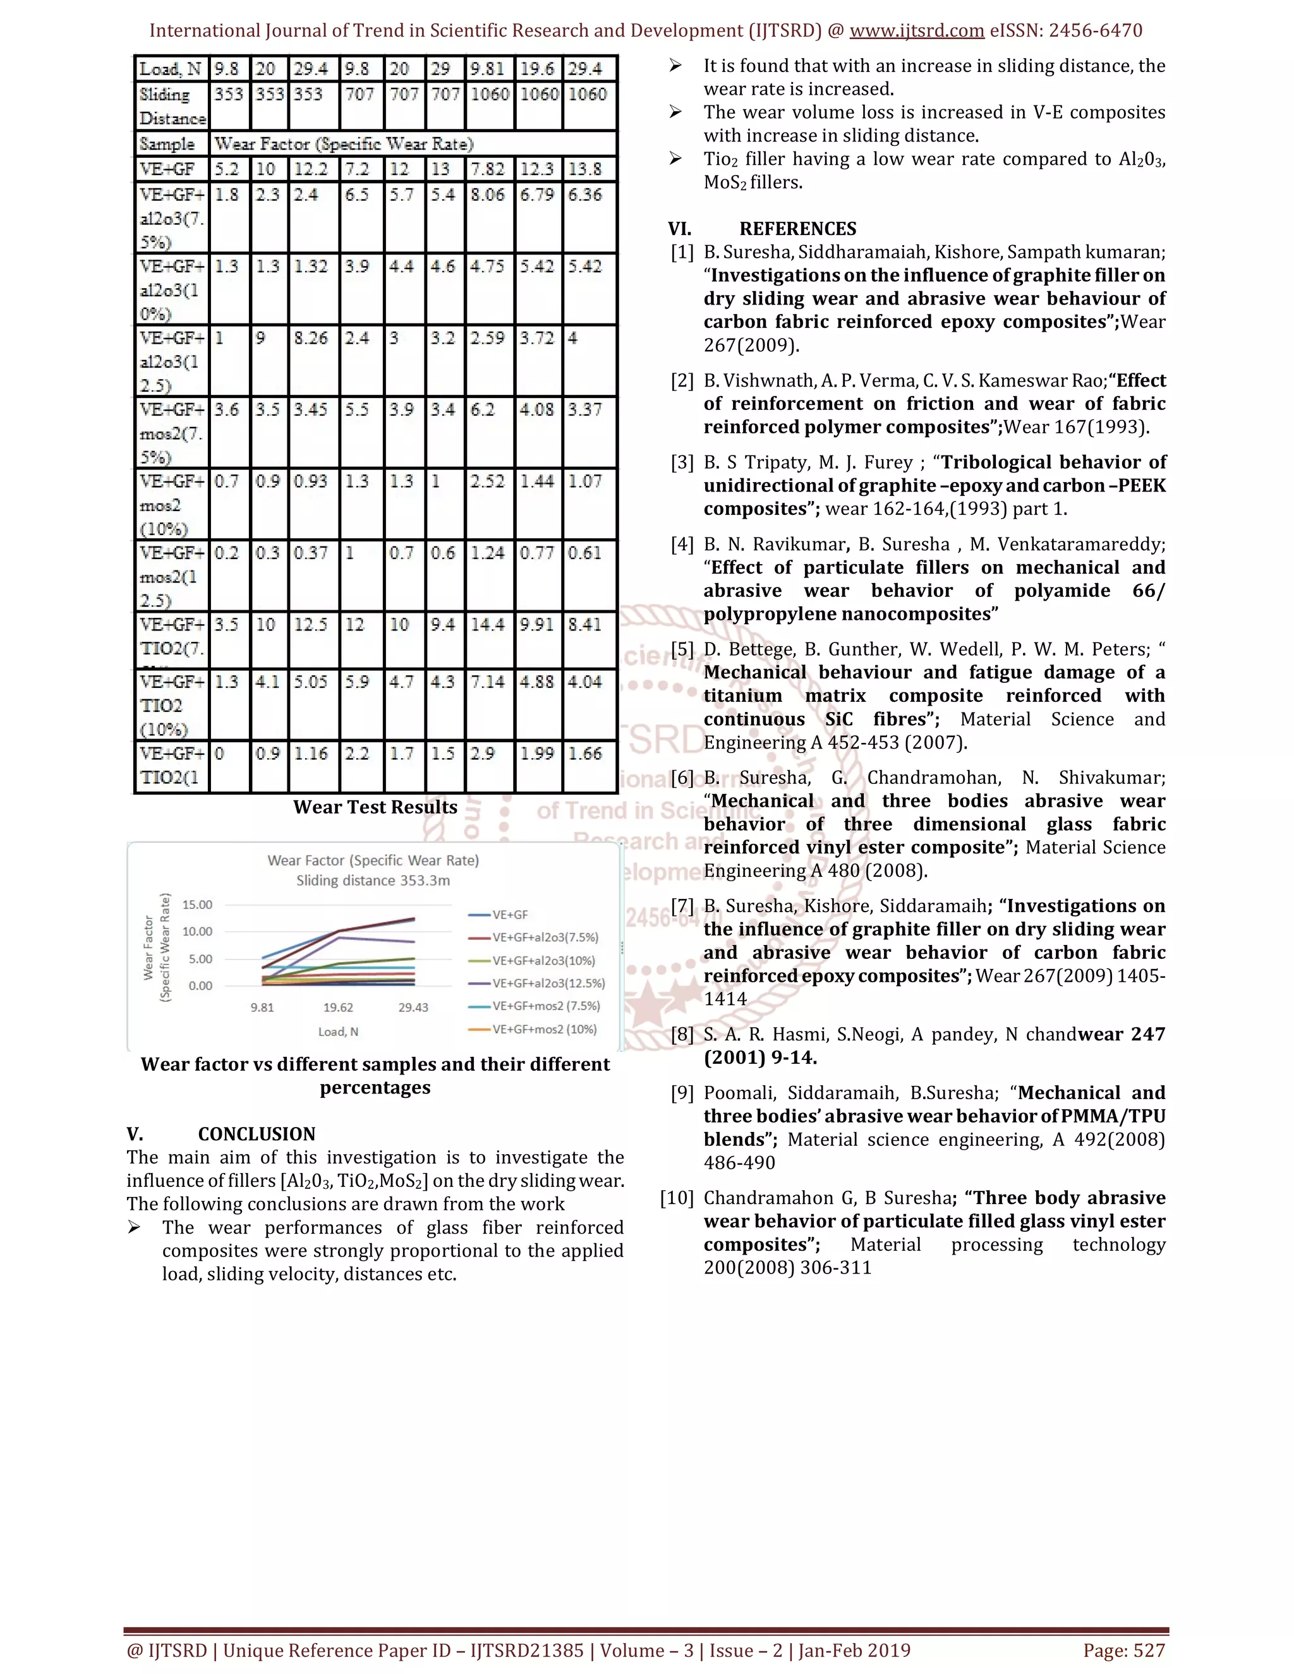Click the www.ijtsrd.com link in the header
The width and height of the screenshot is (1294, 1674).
pos(916,31)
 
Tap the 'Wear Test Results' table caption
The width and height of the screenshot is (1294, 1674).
pos(375,807)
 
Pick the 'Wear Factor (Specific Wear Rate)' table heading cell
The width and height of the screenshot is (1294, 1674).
pos(344,144)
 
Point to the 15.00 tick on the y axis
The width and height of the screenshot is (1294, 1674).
pos(197,905)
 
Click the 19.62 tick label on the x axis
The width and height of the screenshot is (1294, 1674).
pos(338,1007)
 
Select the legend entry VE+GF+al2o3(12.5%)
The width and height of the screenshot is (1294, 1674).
pos(548,984)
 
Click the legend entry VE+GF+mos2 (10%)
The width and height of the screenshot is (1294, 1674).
pos(544,1030)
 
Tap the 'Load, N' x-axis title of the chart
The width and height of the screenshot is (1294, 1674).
pos(338,1032)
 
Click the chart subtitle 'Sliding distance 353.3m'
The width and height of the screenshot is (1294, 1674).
pos(373,881)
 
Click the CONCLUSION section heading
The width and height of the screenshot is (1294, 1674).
pos(256,1135)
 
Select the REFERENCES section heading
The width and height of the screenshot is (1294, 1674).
pos(797,229)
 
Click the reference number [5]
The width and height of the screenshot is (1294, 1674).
pos(682,650)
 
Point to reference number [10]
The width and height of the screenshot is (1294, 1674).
pos(676,1198)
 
